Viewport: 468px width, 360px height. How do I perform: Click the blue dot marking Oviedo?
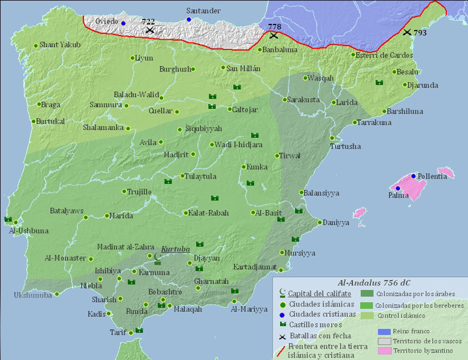tap(123, 23)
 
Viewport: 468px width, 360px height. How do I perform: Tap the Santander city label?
tap(204, 11)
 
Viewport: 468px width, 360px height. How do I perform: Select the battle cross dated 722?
tap(149, 30)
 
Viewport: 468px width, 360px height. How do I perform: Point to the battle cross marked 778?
tap(274, 35)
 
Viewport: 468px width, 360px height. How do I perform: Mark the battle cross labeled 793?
tap(407, 32)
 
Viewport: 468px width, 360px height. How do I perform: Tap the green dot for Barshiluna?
tap(385, 111)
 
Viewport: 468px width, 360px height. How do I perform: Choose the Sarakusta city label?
tap(303, 99)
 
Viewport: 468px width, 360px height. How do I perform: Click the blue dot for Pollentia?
tap(413, 176)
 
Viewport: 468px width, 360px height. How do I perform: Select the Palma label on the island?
tap(399, 196)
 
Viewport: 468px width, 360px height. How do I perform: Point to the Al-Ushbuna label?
tap(28, 231)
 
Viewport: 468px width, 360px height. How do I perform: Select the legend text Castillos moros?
tap(315, 324)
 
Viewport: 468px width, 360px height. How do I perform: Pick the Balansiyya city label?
tap(322, 193)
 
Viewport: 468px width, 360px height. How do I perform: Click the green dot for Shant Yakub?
tap(36, 45)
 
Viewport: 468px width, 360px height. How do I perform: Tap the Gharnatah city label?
tap(211, 281)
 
